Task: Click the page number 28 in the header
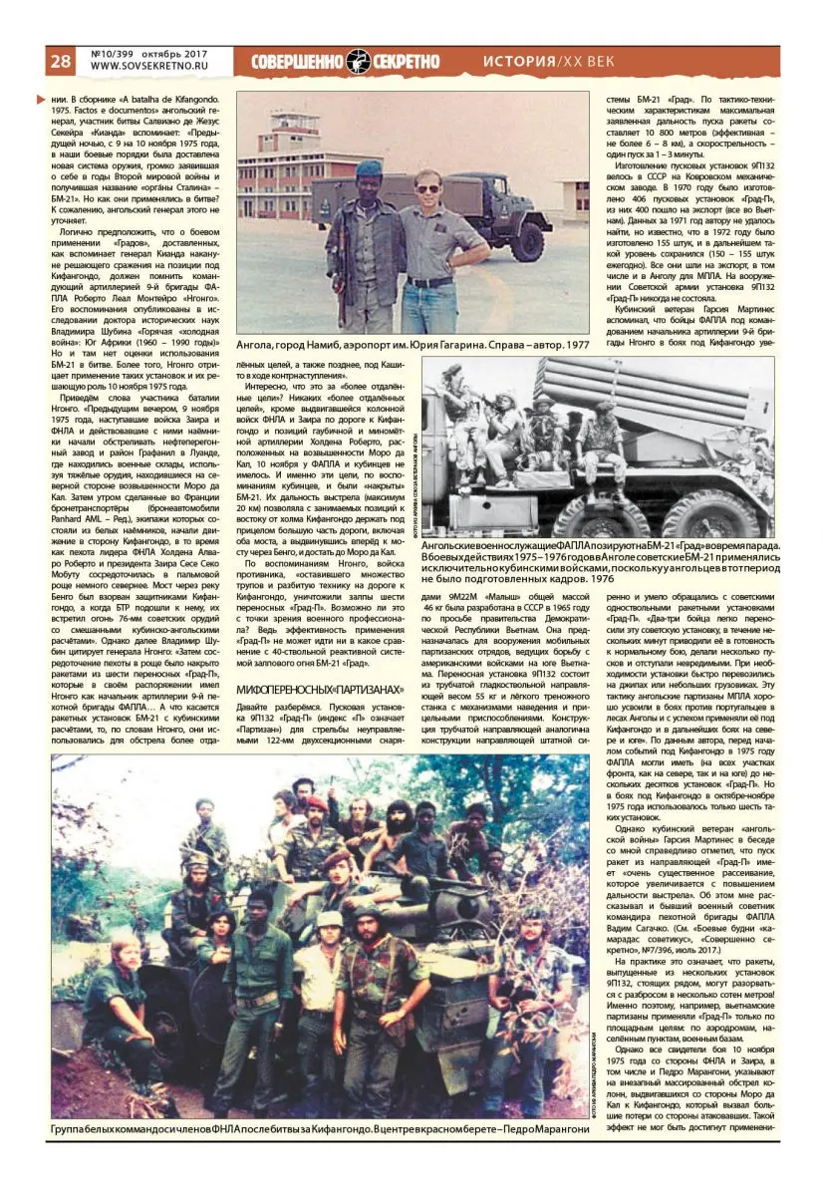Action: click(x=61, y=61)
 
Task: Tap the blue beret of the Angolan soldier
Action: click(x=370, y=168)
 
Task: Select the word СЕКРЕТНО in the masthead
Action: click(x=406, y=61)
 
